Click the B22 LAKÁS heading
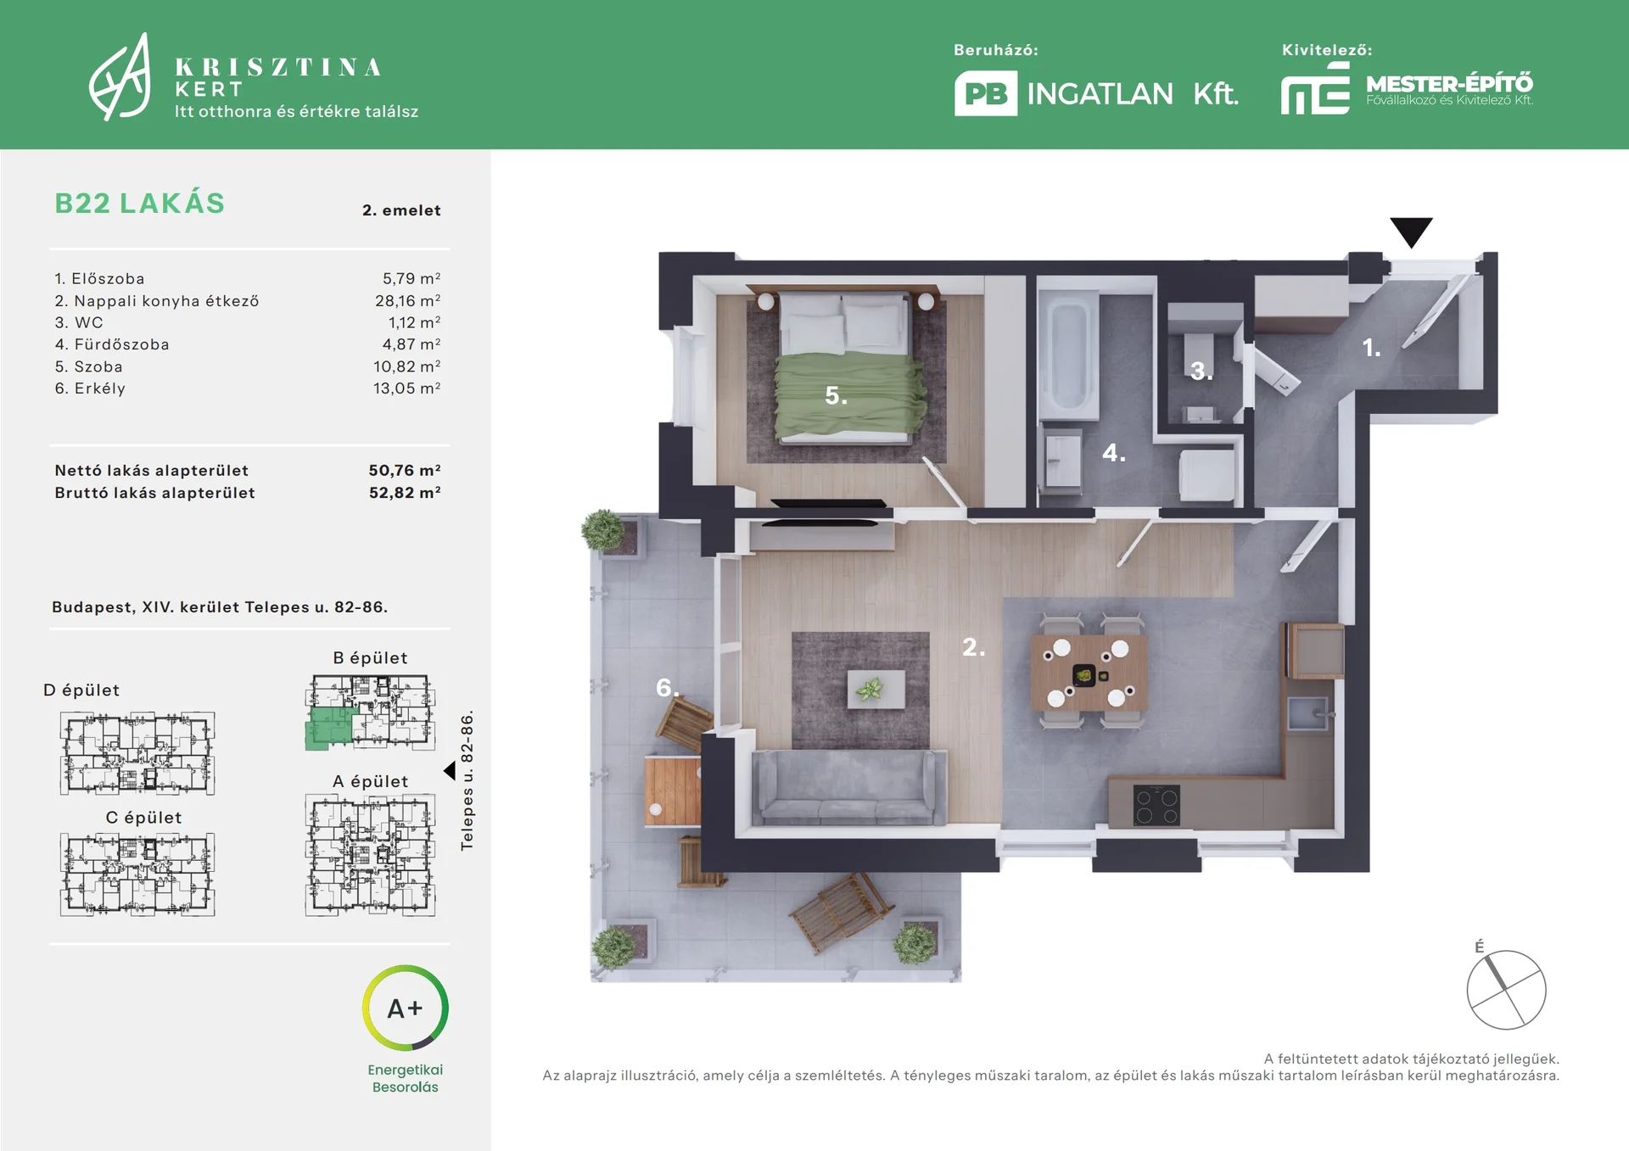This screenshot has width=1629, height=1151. coord(140,204)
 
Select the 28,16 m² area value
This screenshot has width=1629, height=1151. coord(407,300)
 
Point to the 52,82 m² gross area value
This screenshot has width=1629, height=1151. coord(405,493)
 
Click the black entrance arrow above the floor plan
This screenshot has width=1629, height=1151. coord(1411,232)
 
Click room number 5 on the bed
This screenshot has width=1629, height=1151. coord(836,395)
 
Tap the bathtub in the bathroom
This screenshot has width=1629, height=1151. coord(1068,356)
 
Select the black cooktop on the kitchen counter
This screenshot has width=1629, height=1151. coord(1156,805)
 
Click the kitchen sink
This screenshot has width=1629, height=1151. coord(1307,713)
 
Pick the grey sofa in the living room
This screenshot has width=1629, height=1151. coord(849,787)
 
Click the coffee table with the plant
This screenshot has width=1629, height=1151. coord(876,689)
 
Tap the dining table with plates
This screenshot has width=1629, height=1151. coord(1089,673)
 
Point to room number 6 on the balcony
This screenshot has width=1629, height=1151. coord(667,687)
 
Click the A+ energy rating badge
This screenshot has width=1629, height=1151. coord(406,1009)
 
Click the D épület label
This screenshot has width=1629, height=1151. coord(81,690)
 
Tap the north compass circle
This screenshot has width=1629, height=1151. coord(1507,990)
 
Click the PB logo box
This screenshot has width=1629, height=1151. coord(986,93)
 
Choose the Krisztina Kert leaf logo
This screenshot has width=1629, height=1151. coord(120,77)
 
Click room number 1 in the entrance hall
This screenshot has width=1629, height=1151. coord(1371,347)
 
